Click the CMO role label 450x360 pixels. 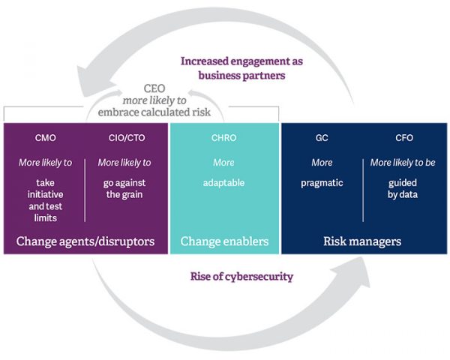(x=45, y=138)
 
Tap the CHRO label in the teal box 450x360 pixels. (x=223, y=138)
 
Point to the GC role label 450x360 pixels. (x=322, y=138)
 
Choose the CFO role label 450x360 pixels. (x=403, y=138)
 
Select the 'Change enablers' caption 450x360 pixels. (x=224, y=241)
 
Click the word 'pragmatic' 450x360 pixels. (x=322, y=182)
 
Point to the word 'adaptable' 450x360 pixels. (x=223, y=182)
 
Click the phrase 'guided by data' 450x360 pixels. (x=403, y=188)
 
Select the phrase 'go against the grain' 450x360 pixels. (x=124, y=188)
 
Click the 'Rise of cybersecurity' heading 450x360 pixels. (x=241, y=276)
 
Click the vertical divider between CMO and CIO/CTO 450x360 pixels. (x=85, y=189)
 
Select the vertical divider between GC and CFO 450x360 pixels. (x=363, y=189)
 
